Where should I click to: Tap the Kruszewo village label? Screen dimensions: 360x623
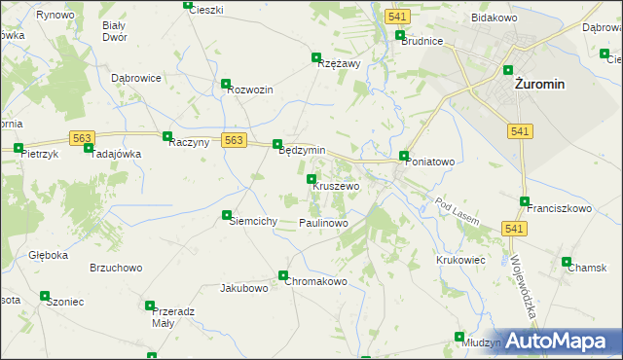(336, 186)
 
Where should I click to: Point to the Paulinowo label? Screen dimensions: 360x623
(323, 223)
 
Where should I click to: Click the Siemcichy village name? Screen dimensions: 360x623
(253, 221)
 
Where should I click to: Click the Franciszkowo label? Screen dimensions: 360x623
(559, 208)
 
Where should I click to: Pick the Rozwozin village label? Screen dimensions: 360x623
(250, 90)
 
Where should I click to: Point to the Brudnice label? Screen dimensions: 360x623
(421, 42)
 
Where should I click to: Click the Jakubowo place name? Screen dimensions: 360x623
(243, 288)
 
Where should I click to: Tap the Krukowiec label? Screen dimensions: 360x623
(460, 260)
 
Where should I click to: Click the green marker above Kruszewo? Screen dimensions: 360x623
(311, 179)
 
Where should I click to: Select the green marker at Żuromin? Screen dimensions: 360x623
(508, 69)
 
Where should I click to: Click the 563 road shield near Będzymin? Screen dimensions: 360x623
(233, 140)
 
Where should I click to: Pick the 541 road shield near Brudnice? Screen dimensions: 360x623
(395, 18)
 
